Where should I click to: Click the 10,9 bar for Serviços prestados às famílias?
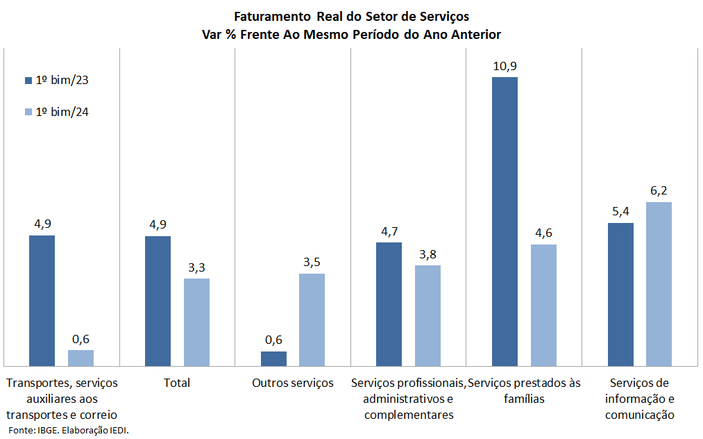coord(505,221)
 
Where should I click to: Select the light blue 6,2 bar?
coord(659,283)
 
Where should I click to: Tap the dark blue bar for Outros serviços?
coord(273,358)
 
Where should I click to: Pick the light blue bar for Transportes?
coord(81,358)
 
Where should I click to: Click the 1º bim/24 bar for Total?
coord(196,322)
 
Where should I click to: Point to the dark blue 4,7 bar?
coord(389,304)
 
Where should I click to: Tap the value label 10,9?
coord(505,67)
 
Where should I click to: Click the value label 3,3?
coord(196,267)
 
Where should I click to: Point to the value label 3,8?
coord(427,254)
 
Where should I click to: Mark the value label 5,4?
coord(620,212)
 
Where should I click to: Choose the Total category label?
coord(176,383)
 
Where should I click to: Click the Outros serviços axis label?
coord(293,383)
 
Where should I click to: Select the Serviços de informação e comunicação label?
coord(639,399)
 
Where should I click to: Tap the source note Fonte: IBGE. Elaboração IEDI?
coord(69,431)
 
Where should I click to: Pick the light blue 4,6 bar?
coord(543,304)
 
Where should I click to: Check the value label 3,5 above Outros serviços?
coord(312,263)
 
